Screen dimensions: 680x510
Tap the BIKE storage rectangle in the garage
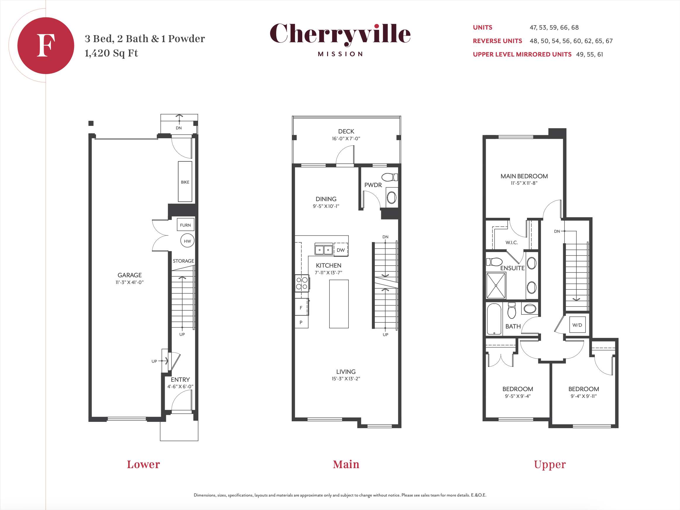coord(185,182)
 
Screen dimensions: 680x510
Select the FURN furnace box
coord(186,225)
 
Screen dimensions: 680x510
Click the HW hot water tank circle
coord(187,241)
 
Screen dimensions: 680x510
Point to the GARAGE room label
coord(129,275)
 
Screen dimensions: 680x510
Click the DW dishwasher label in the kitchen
coord(341,250)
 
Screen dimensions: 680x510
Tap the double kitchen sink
coord(324,249)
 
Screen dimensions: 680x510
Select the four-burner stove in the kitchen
coord(302,283)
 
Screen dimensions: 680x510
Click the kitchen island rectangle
coord(339,304)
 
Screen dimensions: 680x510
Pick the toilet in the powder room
coord(389,177)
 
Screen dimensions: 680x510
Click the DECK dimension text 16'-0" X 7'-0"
coord(346,139)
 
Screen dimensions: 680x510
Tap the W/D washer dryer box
coord(577,325)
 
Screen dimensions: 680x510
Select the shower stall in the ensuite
coord(496,285)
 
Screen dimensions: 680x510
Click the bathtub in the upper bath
coord(494,319)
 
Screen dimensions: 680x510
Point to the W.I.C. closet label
coord(511,242)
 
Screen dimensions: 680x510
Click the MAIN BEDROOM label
coord(524,176)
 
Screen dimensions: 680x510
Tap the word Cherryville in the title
coord(340,34)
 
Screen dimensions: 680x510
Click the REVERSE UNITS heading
coord(497,41)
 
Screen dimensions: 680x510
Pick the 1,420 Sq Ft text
coord(111,53)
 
